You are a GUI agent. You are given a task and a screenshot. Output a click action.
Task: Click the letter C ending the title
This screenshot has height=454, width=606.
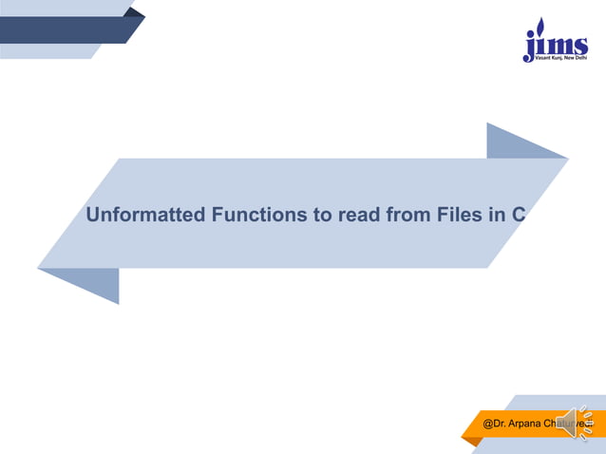[519, 215]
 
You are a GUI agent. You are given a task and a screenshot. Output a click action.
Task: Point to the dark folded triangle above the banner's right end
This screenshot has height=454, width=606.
[518, 142]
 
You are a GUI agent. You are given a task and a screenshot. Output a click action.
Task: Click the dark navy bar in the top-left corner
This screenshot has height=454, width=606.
[66, 29]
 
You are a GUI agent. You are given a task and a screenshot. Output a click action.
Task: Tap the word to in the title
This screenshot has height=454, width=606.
[322, 215]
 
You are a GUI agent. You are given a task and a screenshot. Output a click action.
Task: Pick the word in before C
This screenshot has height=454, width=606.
[495, 215]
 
